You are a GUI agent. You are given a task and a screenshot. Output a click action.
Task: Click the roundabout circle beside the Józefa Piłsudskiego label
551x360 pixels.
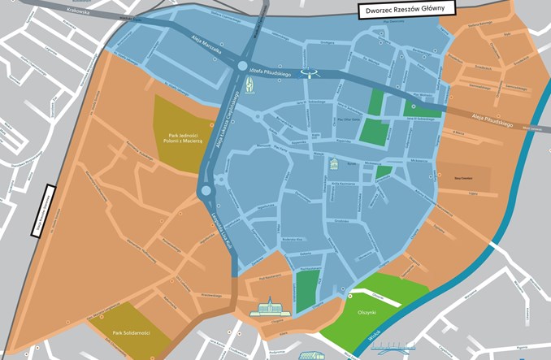[x=242, y=67]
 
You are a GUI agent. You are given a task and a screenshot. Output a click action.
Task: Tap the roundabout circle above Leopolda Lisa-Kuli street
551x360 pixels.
[x=205, y=191]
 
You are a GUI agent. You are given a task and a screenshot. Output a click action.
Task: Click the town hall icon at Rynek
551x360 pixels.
[x=333, y=166]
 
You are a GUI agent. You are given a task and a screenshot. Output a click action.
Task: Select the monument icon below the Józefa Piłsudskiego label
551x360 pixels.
[x=249, y=84]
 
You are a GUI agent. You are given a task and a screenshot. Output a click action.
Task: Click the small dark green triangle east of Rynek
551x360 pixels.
[x=384, y=172]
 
